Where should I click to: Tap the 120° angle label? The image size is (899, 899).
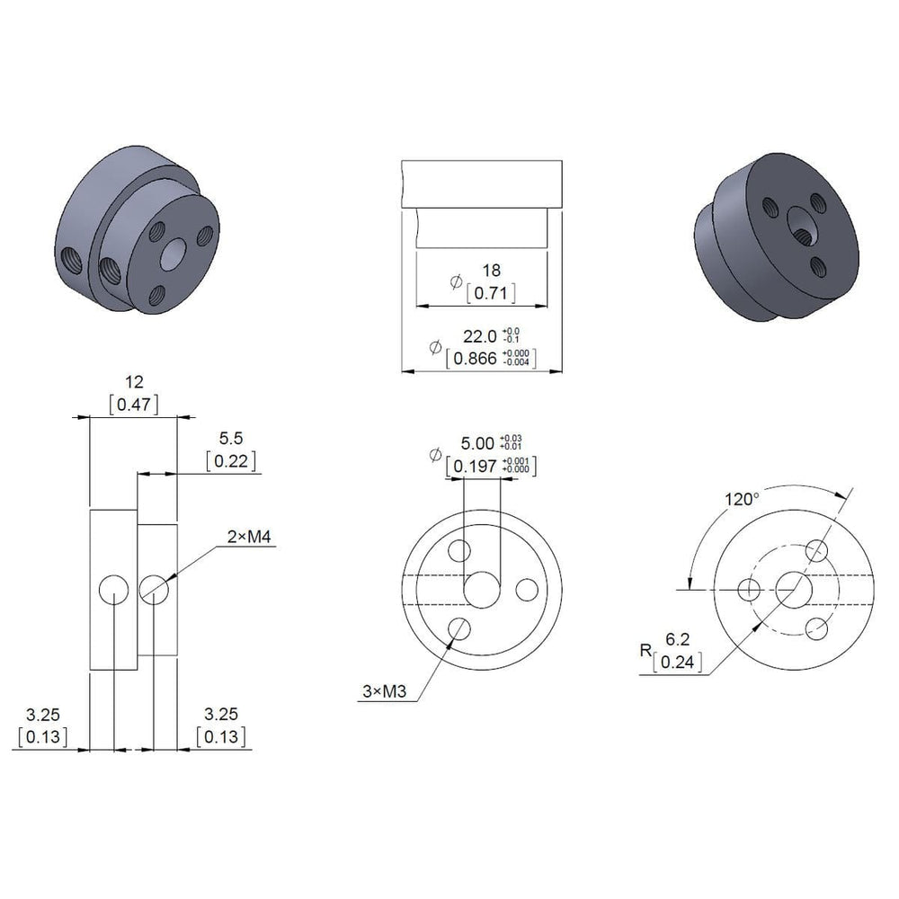(x=743, y=500)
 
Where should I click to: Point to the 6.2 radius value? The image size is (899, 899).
(x=678, y=640)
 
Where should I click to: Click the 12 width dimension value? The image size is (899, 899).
(x=134, y=382)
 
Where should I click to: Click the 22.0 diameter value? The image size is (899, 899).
(x=479, y=336)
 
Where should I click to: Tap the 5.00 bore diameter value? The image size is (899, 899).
(x=477, y=443)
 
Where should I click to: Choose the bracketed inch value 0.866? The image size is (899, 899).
(x=478, y=358)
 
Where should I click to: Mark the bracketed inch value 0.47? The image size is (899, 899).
(x=134, y=405)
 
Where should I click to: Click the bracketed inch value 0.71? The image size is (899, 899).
(x=491, y=293)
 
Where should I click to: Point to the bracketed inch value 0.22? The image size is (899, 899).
(x=231, y=461)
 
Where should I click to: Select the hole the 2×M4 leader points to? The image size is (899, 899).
(x=154, y=589)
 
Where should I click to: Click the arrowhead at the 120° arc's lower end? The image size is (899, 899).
(x=690, y=584)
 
